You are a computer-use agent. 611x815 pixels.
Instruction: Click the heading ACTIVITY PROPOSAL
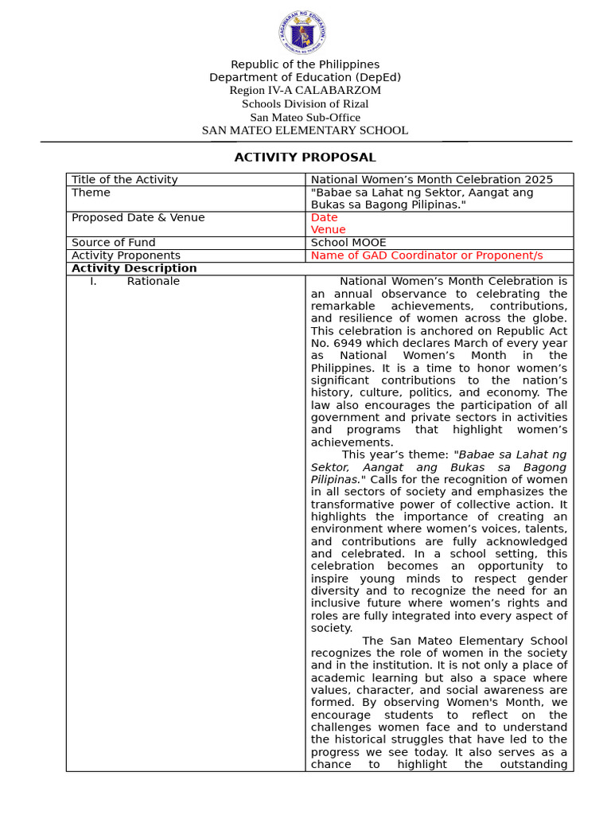tap(305, 158)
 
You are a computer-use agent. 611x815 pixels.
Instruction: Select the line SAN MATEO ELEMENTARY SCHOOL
tap(305, 131)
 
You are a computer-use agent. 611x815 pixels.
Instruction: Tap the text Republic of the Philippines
tap(305, 64)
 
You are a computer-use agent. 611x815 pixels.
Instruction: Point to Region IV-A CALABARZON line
tap(305, 91)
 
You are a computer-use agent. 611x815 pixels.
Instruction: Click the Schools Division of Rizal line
tap(305, 104)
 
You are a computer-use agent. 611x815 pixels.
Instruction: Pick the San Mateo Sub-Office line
tap(305, 118)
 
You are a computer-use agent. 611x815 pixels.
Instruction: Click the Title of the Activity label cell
tap(125, 180)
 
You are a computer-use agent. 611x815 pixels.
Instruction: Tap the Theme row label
tap(91, 193)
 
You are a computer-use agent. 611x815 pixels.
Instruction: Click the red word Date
tap(324, 217)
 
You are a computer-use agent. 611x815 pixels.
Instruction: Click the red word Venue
tap(328, 230)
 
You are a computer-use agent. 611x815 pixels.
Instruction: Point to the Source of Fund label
tap(114, 243)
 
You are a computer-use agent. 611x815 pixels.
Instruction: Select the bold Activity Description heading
tap(134, 268)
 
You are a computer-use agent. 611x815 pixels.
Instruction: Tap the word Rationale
tap(153, 281)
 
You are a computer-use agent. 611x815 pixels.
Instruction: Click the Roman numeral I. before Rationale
tap(93, 281)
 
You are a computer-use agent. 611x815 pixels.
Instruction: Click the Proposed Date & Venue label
tap(138, 217)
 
